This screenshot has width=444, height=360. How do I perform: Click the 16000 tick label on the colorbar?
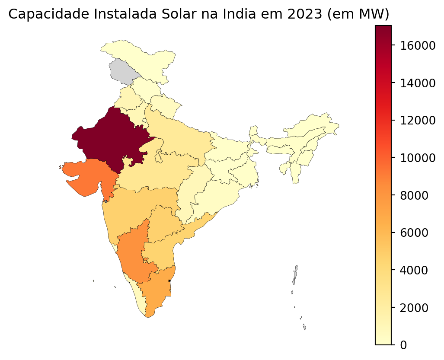418,45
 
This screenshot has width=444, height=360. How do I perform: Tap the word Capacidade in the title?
44,14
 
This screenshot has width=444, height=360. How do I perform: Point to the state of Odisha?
216,194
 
